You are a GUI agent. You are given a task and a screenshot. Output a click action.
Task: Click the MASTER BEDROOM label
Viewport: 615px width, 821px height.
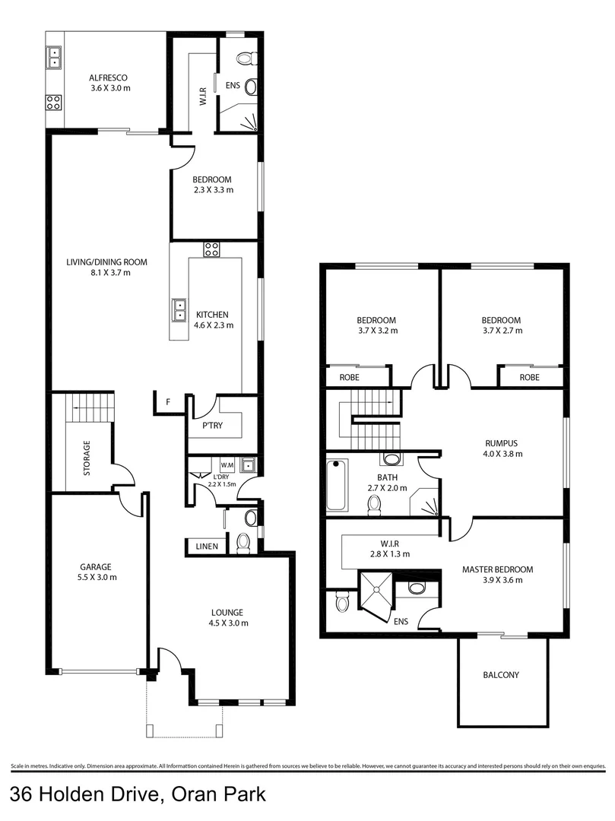497,569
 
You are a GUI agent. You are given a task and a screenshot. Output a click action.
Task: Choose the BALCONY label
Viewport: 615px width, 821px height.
502,674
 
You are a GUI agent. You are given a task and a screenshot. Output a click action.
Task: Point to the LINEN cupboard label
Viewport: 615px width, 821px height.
206,546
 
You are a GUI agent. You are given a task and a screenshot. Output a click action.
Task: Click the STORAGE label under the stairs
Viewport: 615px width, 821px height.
87,458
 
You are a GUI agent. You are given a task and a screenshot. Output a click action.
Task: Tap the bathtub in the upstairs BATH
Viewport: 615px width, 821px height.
337,485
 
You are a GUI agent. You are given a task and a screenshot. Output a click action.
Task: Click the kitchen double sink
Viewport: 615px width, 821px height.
180,309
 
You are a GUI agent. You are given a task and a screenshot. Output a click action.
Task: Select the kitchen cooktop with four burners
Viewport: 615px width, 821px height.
211,249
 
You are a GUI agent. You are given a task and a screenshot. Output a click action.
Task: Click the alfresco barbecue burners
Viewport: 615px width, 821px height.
53,102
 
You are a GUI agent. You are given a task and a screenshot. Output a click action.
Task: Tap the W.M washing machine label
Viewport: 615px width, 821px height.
227,465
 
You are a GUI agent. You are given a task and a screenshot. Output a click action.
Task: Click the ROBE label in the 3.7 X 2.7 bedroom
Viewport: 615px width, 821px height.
529,376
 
